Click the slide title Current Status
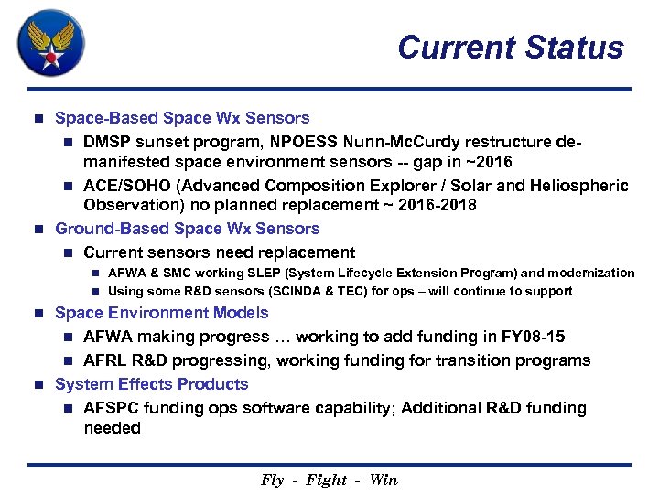tap(511, 48)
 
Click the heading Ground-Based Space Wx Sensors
tap(188, 229)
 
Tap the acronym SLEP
tap(272, 273)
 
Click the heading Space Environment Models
tap(162, 313)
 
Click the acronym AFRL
tap(105, 360)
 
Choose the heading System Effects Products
tap(152, 384)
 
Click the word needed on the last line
tap(112, 428)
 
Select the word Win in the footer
tap(384, 480)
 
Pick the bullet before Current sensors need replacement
tap(66, 253)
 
